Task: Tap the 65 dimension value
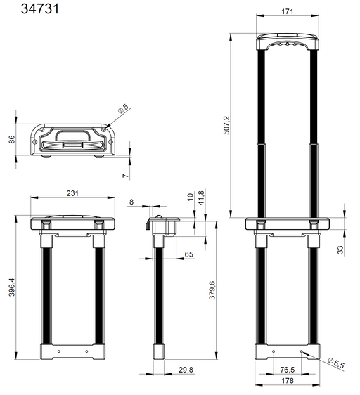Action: [189, 254]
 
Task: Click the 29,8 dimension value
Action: [186, 370]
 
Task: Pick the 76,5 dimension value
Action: [288, 370]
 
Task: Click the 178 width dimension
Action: [287, 382]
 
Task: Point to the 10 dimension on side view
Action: [189, 198]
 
